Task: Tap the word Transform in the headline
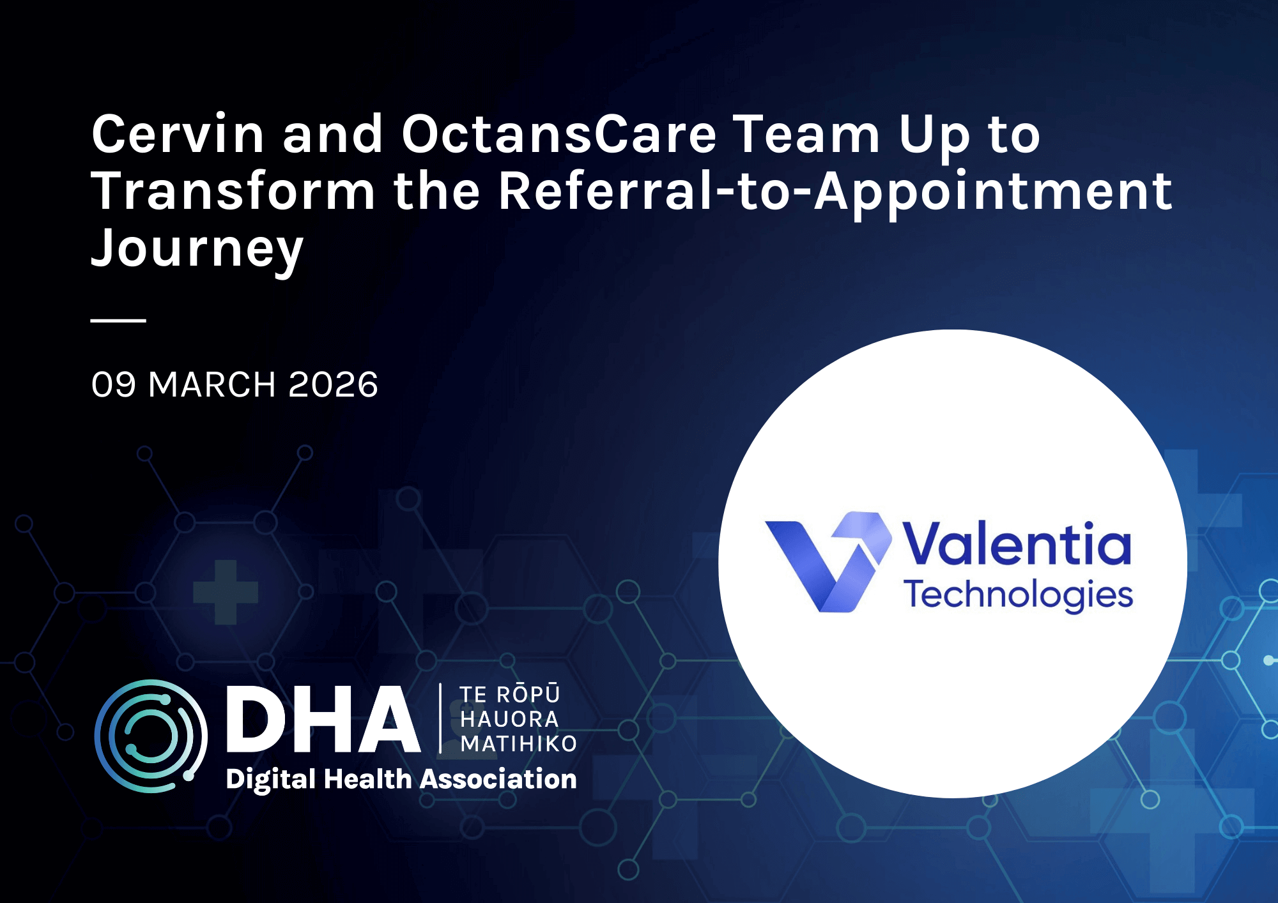tap(233, 191)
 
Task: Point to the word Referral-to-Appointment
tap(835, 191)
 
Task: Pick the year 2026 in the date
tap(333, 384)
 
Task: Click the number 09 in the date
tap(114, 384)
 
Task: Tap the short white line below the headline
tap(118, 320)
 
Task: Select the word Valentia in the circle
tap(1016, 544)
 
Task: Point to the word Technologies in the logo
tap(1018, 595)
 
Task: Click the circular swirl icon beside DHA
tap(151, 736)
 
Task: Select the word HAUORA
tap(509, 719)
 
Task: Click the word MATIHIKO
tap(518, 743)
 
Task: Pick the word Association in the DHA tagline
tap(498, 779)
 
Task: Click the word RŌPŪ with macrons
tap(528, 694)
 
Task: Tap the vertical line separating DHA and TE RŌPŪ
tap(440, 718)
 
